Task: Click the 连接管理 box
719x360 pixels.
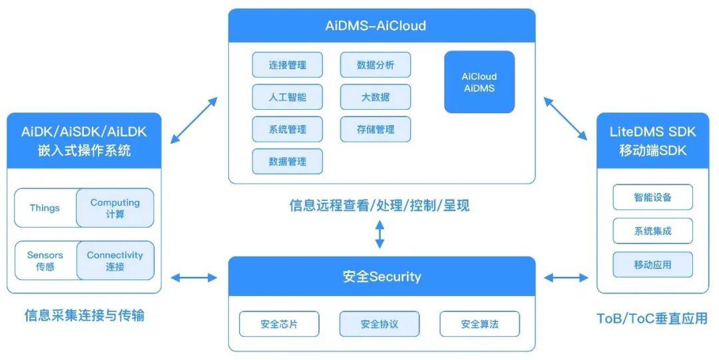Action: pyautogui.click(x=287, y=65)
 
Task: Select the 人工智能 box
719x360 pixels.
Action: pyautogui.click(x=287, y=97)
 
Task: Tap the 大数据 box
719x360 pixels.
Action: pyautogui.click(x=375, y=97)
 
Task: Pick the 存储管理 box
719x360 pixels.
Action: pyautogui.click(x=375, y=129)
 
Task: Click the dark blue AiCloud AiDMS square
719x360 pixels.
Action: pyautogui.click(x=479, y=82)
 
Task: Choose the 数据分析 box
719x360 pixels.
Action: pyautogui.click(x=375, y=65)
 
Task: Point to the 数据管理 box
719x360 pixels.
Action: pyautogui.click(x=287, y=161)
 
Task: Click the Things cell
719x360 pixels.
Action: pyautogui.click(x=45, y=208)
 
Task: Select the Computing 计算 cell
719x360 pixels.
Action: pyautogui.click(x=115, y=208)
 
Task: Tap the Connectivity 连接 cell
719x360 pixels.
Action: pyautogui.click(x=115, y=261)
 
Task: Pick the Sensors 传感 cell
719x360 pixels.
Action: pyautogui.click(x=45, y=261)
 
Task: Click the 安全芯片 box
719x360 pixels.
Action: pyautogui.click(x=279, y=325)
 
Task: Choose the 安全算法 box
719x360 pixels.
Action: pyautogui.click(x=479, y=325)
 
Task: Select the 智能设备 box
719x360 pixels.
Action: pyautogui.click(x=652, y=198)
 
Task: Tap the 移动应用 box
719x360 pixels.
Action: pyautogui.click(x=652, y=264)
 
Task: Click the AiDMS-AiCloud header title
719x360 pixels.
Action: pyautogui.click(x=381, y=27)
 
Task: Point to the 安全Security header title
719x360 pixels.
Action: pyautogui.click(x=381, y=276)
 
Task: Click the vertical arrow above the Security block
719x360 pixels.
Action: pyautogui.click(x=379, y=235)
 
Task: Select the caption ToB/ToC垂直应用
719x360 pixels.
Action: pyautogui.click(x=652, y=318)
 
